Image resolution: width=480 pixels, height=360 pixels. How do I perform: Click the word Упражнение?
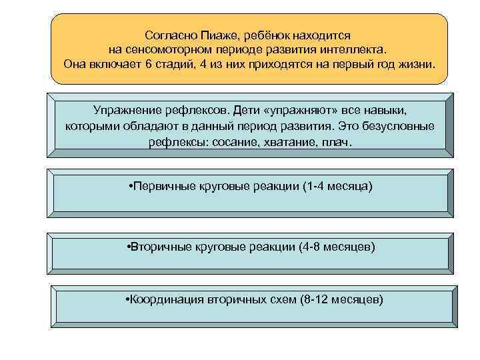[126, 109]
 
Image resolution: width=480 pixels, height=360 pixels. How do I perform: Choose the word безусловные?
[399, 126]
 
